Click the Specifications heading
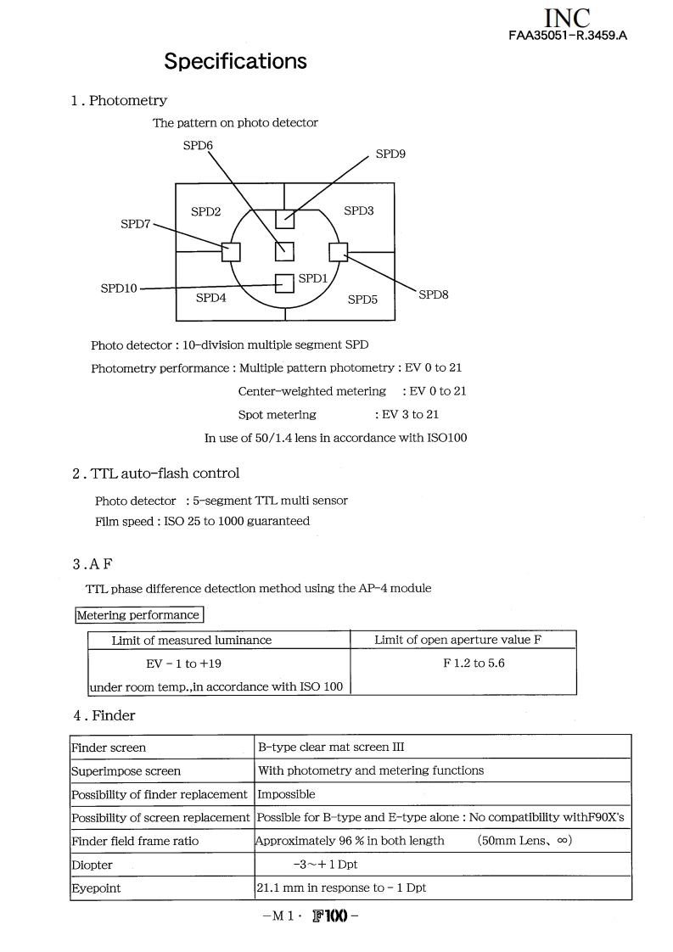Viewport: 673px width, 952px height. (235, 61)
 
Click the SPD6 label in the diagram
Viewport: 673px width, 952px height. (198, 146)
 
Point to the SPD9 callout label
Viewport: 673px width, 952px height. (391, 154)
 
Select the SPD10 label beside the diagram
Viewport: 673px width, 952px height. (119, 288)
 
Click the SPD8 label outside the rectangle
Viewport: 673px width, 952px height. (434, 294)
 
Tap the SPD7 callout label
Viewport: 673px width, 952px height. (136, 224)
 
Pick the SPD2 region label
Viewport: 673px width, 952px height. (205, 211)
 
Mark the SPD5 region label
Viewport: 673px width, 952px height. (362, 300)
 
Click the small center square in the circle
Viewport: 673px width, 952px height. (284, 251)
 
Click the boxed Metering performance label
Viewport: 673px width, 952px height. (138, 615)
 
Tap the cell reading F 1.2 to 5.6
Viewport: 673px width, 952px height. (474, 663)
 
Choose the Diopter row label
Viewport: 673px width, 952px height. (93, 865)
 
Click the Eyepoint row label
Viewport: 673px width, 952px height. (96, 888)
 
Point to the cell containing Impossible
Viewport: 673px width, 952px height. (286, 794)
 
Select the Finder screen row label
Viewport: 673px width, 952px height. (109, 748)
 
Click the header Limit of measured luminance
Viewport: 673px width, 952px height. (192, 640)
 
